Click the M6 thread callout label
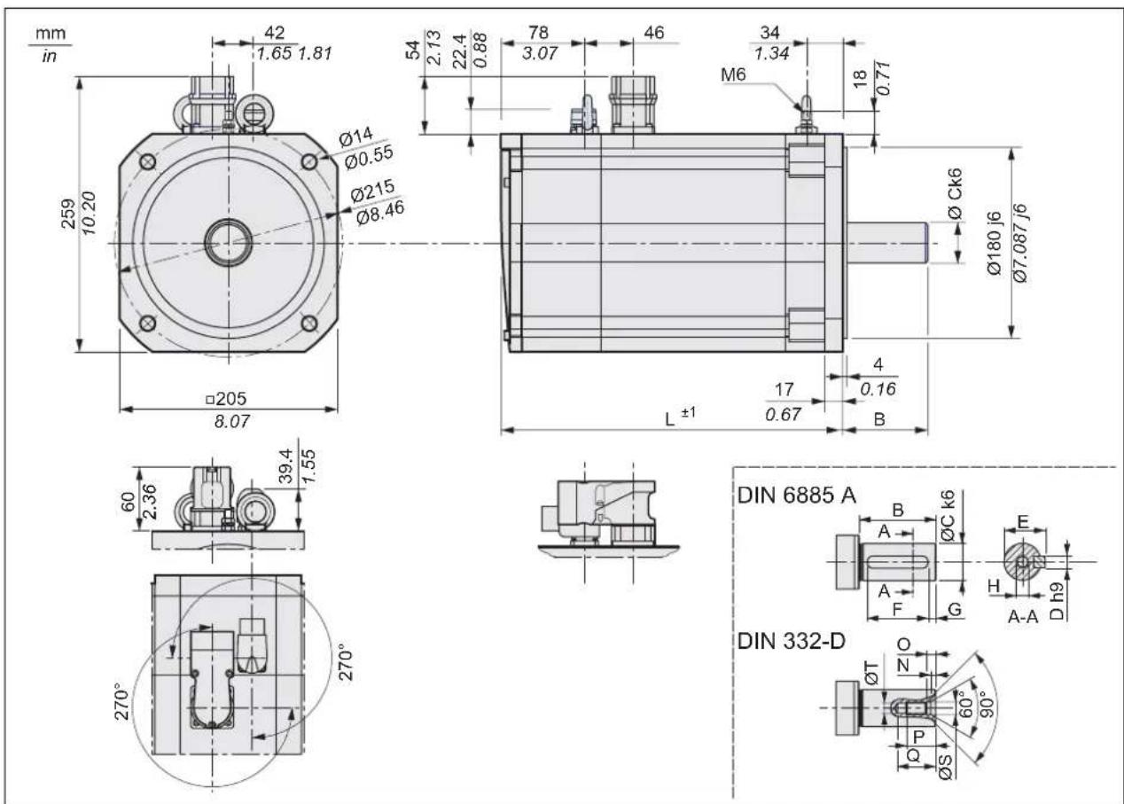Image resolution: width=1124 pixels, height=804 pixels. pyautogui.click(x=733, y=74)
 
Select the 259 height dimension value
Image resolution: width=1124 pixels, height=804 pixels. pyautogui.click(x=68, y=215)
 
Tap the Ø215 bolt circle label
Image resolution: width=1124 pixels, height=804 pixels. pyautogui.click(x=372, y=191)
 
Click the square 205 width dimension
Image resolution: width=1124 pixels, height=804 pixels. pyautogui.click(x=226, y=399)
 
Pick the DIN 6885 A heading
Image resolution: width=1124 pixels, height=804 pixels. pyautogui.click(x=796, y=496)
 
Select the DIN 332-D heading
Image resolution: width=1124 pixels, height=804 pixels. pyautogui.click(x=792, y=641)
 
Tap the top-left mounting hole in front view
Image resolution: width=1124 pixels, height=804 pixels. pyautogui.click(x=147, y=162)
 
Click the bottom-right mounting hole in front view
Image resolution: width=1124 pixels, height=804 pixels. pyautogui.click(x=309, y=324)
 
